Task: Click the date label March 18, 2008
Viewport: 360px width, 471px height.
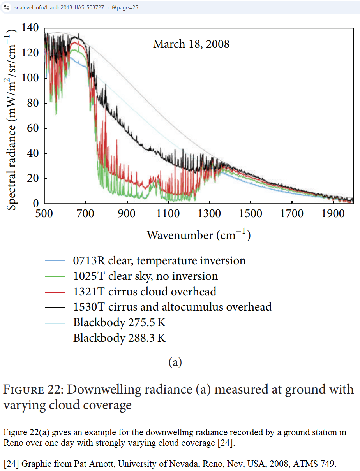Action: coord(191,44)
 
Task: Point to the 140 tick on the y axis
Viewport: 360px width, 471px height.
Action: coord(30,28)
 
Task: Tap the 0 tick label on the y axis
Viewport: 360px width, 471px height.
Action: coord(36,204)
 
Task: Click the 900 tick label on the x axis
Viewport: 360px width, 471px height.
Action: coord(127,214)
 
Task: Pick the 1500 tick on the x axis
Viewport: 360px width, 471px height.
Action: coord(251,214)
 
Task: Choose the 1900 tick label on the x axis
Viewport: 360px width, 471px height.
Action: coord(333,214)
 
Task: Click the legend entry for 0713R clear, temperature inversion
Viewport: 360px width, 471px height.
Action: coord(159,260)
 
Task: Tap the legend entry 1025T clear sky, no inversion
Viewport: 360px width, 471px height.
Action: coord(145,276)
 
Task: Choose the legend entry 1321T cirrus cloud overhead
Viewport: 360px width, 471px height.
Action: coord(145,292)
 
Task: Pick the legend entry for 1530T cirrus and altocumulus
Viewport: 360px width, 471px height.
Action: coord(172,307)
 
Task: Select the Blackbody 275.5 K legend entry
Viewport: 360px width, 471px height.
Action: coord(119,323)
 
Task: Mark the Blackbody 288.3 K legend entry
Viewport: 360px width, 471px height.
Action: coord(119,338)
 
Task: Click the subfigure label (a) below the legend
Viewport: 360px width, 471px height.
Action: coord(175,362)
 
